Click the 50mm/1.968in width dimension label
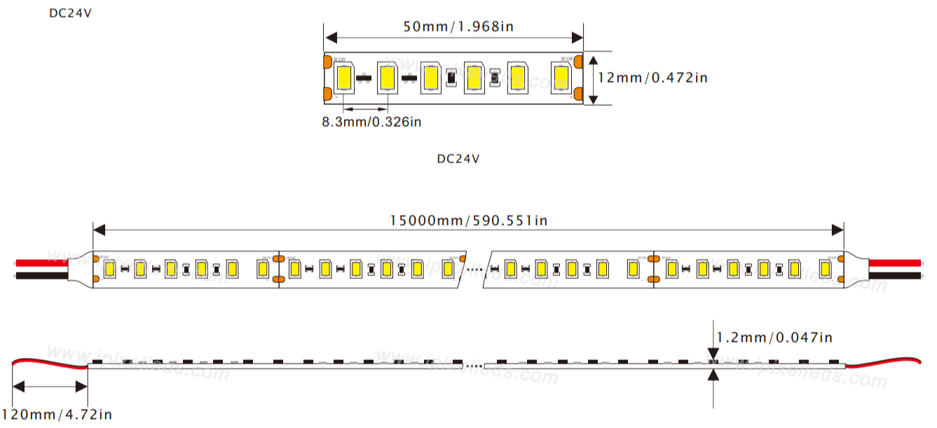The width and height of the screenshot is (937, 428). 458,27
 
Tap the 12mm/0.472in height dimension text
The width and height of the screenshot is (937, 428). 652,78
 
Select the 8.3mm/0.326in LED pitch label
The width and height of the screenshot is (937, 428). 371,122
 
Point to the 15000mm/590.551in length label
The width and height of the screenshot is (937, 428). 468,221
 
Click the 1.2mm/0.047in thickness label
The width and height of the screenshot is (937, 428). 774,338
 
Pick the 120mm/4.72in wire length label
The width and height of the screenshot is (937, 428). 57,414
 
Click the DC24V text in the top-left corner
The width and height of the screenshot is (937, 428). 70,13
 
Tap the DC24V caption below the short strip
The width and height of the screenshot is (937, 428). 458,158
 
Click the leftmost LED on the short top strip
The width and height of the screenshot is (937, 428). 344,77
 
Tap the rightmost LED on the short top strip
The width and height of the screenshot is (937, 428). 561,77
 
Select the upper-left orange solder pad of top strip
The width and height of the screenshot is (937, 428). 327,62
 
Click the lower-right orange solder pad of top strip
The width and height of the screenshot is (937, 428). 578,93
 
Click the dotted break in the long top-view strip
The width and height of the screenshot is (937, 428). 474,268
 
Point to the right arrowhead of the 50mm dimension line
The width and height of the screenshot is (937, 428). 577,36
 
